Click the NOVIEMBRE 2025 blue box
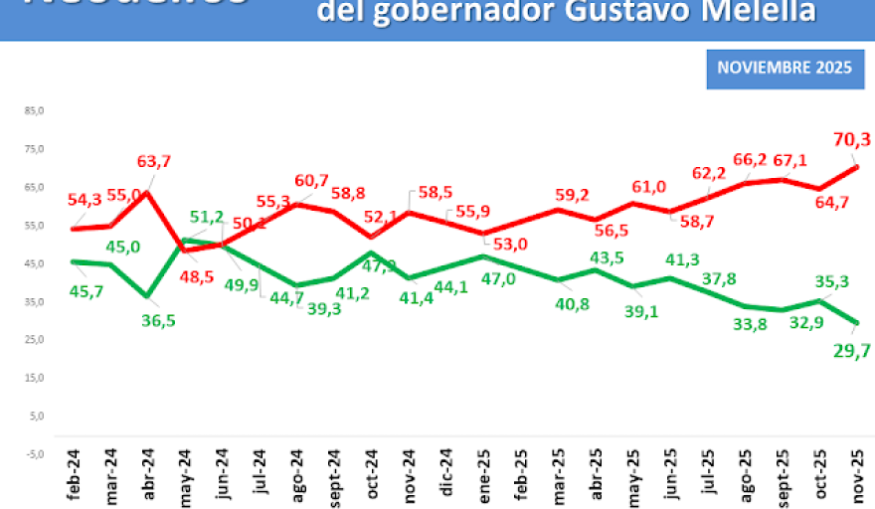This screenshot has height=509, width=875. click(x=785, y=69)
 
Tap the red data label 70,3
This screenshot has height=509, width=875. click(x=851, y=140)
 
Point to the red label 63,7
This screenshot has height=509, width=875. click(x=153, y=161)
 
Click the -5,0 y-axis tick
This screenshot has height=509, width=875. click(x=35, y=453)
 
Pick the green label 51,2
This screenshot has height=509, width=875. click(x=207, y=217)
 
